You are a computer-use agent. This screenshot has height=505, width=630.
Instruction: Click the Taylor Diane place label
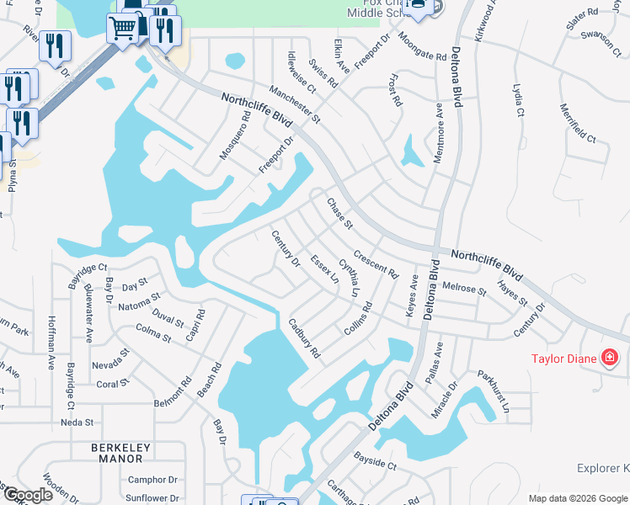[563, 359]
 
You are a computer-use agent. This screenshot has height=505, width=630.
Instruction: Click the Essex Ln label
[324, 269]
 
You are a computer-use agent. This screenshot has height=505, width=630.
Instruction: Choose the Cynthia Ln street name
[349, 279]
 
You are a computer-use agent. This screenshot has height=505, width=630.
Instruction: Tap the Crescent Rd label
[376, 263]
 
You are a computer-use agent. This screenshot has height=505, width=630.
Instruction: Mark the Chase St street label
[339, 214]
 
